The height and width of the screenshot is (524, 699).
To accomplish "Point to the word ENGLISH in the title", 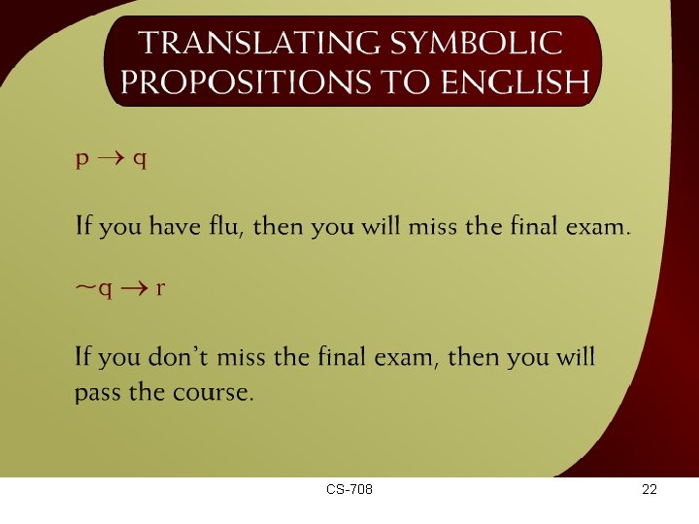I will pyautogui.click(x=515, y=83).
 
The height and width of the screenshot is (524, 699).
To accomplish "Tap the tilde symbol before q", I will pyautogui.click(x=85, y=288).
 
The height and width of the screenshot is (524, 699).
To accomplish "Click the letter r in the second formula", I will pyautogui.click(x=160, y=289).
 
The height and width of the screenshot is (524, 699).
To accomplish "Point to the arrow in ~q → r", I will pyautogui.click(x=134, y=288).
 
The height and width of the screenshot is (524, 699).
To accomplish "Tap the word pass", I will pyautogui.click(x=96, y=393).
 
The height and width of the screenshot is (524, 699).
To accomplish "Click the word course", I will pyautogui.click(x=221, y=393).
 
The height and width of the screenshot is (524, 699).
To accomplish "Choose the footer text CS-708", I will pyautogui.click(x=349, y=490).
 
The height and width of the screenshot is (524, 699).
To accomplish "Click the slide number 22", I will pyautogui.click(x=649, y=490).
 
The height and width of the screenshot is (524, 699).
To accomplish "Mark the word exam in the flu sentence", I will pyautogui.click(x=600, y=227).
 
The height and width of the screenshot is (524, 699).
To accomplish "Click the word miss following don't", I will pyautogui.click(x=242, y=357).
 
